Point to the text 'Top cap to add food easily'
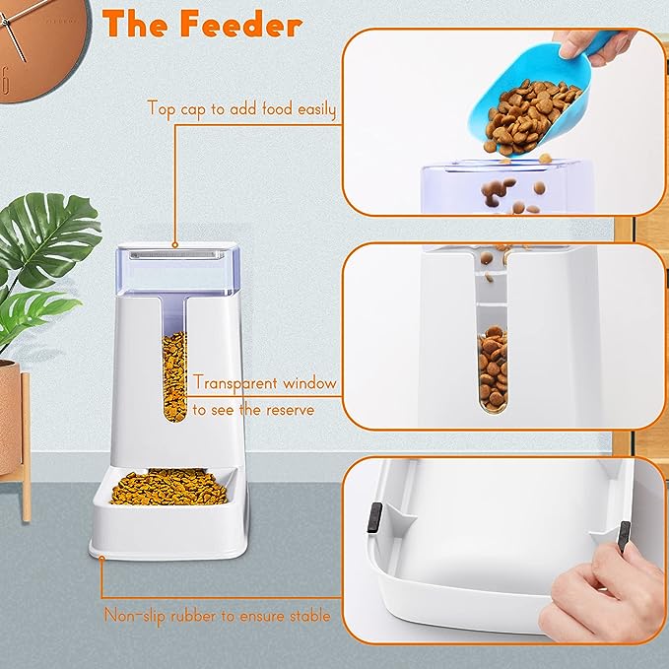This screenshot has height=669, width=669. coord(241,108)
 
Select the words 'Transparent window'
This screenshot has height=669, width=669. coord(265,382)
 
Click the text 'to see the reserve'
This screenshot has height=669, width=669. coord(253,409)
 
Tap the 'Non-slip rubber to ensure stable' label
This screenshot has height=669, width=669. coord(217,617)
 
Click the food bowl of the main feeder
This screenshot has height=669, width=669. coord(165,488)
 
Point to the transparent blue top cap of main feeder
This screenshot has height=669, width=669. coord(174,268)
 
